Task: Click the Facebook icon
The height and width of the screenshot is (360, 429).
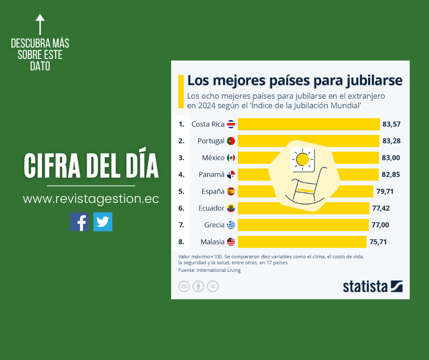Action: [79, 222]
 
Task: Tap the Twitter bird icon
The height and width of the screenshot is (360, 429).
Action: [103, 222]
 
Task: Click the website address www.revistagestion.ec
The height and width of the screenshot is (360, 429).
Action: [91, 199]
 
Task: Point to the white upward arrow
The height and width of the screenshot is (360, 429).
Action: [40, 24]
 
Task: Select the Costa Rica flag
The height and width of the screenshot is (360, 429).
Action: [231, 124]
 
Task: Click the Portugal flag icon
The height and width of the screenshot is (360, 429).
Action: [231, 141]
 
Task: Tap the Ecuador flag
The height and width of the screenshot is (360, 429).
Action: [231, 208]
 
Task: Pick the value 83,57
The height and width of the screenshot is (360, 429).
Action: [392, 124]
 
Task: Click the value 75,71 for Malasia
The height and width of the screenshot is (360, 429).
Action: [378, 242]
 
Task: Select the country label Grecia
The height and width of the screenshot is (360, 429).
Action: [214, 225]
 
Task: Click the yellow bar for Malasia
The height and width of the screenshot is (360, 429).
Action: [302, 242]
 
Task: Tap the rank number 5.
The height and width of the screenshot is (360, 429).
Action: [181, 191]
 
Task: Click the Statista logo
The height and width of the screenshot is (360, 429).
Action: [372, 286]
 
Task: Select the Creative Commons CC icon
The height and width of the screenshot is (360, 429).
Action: [184, 286]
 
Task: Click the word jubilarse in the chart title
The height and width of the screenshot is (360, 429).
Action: [373, 80]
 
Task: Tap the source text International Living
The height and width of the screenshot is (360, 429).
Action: [218, 270]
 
